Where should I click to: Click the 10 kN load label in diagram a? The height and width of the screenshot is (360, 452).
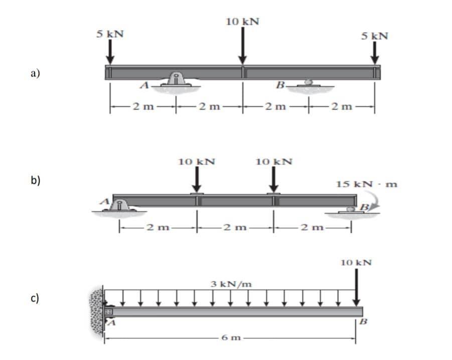pyautogui.click(x=242, y=22)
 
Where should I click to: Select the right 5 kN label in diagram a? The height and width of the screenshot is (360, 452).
pyautogui.click(x=375, y=36)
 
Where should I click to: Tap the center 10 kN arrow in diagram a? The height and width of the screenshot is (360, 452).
pyautogui.click(x=243, y=45)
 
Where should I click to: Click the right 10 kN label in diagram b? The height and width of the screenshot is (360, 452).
pyautogui.click(x=274, y=162)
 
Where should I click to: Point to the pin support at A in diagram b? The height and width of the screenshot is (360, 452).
pyautogui.click(x=118, y=206)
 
